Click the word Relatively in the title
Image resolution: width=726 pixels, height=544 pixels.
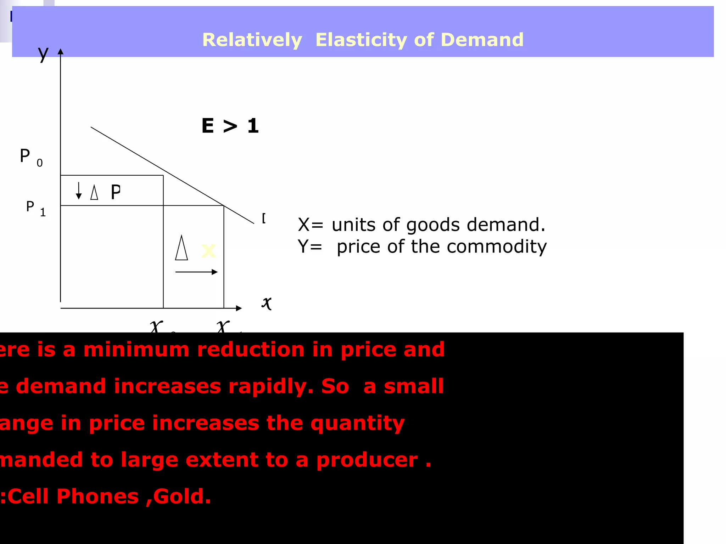[252, 40]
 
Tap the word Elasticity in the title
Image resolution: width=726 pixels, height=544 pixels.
[361, 40]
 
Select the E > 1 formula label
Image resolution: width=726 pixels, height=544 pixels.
[230, 126]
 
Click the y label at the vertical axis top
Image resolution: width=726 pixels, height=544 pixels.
[43, 54]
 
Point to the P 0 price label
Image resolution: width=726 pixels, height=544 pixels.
[30, 157]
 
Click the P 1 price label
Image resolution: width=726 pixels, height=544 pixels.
[35, 208]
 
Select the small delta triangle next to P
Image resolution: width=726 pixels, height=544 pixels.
[94, 192]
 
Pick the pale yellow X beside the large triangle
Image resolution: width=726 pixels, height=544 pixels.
[208, 251]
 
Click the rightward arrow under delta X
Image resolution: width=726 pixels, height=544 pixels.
[196, 272]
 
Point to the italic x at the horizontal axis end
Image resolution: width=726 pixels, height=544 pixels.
[267, 303]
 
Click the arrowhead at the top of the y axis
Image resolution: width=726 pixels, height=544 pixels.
[61, 52]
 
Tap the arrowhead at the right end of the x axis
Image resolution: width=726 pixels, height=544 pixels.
[239, 308]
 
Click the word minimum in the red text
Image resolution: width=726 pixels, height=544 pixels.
[136, 350]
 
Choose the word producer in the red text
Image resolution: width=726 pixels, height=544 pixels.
[367, 460]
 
